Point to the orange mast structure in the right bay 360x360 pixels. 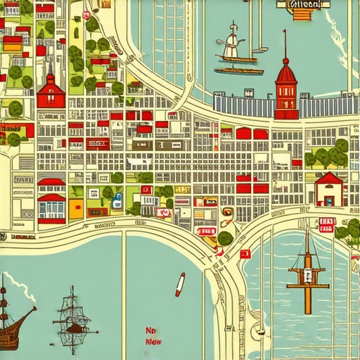(x=307, y=271)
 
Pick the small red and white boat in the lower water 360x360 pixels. (x=180, y=283)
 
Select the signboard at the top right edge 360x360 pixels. (x=304, y=4)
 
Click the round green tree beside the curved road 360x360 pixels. (x=224, y=238)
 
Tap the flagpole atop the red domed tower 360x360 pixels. (x=285, y=42)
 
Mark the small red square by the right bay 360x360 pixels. (x=245, y=254)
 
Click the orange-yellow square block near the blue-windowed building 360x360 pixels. (x=76, y=207)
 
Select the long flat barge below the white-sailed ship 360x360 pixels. (x=238, y=70)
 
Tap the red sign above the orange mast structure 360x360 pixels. (x=326, y=224)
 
